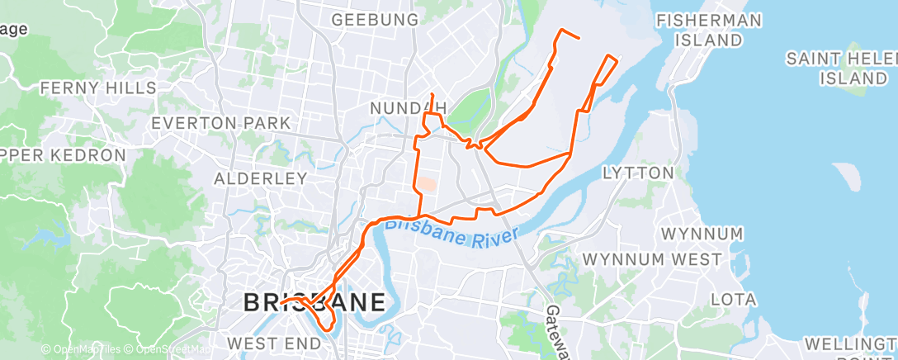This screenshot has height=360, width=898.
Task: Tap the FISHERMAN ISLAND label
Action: point(707,29)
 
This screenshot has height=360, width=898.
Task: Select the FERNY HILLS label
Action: point(98,88)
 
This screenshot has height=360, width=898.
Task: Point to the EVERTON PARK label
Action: point(221,123)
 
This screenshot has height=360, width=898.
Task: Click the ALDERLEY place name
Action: point(260,178)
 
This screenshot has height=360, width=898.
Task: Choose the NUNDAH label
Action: point(409,108)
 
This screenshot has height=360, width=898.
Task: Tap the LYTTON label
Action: point(638,173)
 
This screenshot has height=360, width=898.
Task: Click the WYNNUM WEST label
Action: point(653,259)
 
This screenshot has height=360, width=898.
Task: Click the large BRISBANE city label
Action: point(314,302)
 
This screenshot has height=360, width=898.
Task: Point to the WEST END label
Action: point(273,343)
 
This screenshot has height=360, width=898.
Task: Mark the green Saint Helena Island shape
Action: point(859,89)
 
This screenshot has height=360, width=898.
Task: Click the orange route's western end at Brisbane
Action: point(281,303)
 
